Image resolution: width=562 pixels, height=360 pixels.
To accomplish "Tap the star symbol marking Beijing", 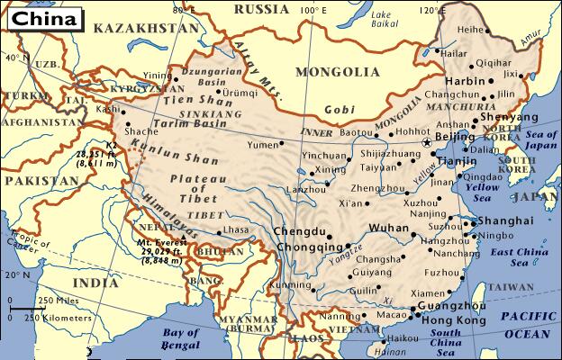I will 427,142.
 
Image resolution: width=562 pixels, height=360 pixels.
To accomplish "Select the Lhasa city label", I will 234,230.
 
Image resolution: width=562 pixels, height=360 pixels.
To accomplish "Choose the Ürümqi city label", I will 229,92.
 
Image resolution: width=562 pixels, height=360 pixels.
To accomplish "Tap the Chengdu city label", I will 294,230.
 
